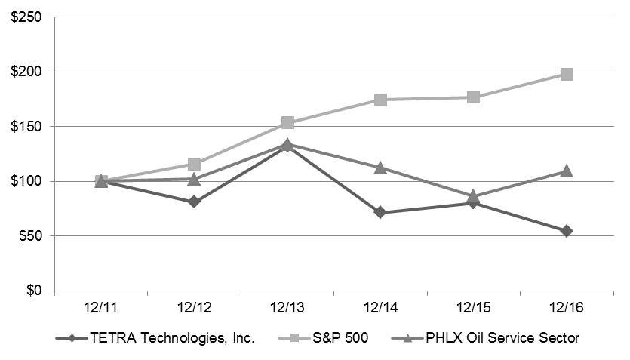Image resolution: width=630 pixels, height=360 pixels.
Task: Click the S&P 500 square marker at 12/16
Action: (x=567, y=74)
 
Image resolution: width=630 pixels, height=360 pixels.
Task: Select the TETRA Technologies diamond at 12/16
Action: (x=567, y=231)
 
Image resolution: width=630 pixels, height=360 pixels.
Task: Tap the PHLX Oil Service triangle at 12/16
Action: (x=567, y=171)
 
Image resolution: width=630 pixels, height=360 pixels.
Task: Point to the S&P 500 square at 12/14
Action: (x=380, y=100)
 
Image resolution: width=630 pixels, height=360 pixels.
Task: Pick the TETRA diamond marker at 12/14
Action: (x=380, y=213)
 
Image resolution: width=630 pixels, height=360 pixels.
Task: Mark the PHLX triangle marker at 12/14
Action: (x=380, y=168)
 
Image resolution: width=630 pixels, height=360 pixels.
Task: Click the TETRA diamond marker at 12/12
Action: (x=194, y=202)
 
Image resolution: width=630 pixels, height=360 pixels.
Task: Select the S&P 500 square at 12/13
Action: (x=287, y=122)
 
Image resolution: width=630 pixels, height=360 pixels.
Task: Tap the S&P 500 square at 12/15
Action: (x=473, y=97)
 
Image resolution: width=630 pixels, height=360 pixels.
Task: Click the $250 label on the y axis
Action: (x=26, y=17)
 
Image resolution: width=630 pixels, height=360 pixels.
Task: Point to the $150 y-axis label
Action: (x=26, y=127)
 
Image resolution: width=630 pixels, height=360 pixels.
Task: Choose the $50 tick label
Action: (x=29, y=236)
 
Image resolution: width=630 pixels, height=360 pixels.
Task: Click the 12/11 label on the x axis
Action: (x=100, y=310)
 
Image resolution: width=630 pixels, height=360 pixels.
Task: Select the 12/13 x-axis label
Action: (x=287, y=310)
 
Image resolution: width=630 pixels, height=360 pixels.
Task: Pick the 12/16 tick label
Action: (x=566, y=310)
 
